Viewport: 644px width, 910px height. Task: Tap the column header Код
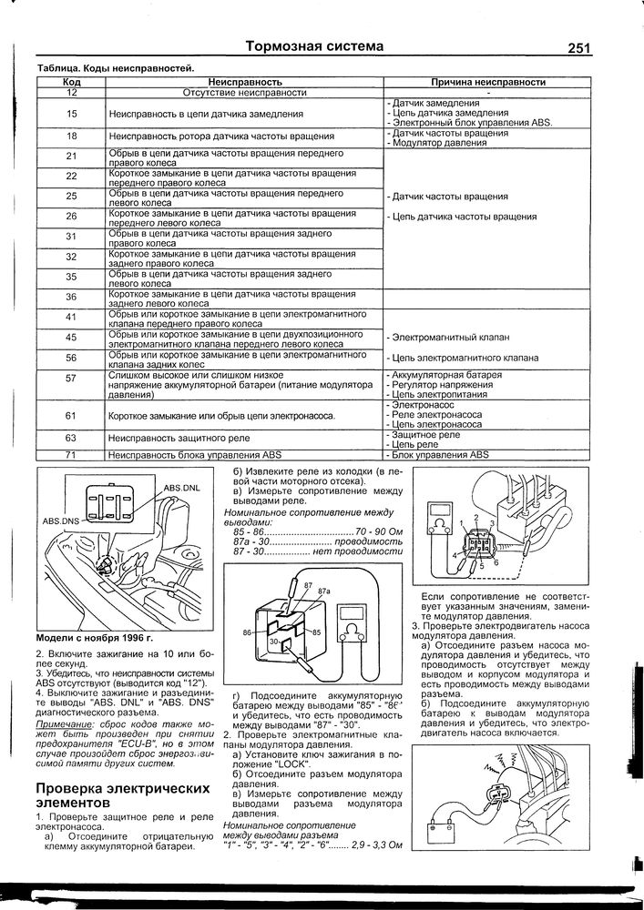71,82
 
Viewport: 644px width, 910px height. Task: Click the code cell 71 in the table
71,454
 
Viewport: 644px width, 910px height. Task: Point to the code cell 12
71,93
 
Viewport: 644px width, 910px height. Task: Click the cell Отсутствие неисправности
243,93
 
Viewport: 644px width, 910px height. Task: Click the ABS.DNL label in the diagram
181,489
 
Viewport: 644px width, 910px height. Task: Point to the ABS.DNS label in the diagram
61,521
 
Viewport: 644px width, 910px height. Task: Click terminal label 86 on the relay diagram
247,632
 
